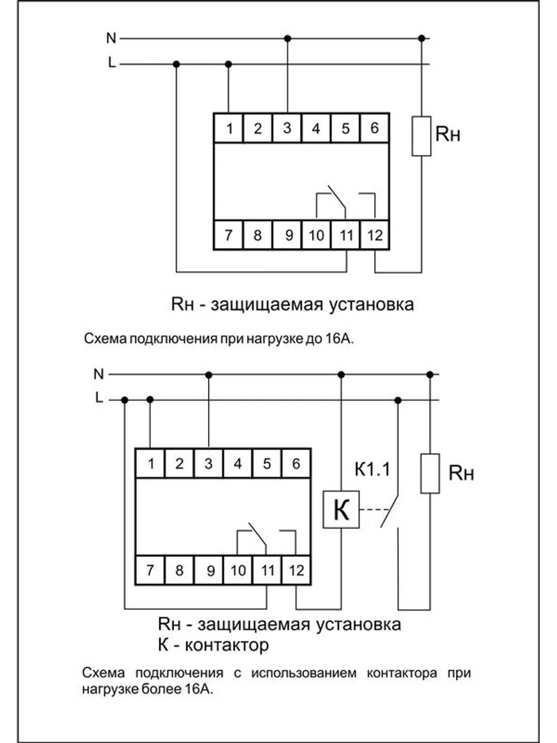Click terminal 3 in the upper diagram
coord(287,129)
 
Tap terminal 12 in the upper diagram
coord(374,235)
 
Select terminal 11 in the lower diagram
coord(267,570)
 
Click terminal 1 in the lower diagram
coord(150,463)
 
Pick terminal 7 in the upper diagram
coord(228,235)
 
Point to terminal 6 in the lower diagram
coord(296,463)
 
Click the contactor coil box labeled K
coord(341,510)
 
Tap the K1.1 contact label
coord(371,469)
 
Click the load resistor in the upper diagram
coord(422,135)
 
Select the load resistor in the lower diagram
coord(430,473)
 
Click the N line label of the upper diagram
coord(111,38)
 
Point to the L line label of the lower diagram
coord(98,399)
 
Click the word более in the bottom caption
coord(162,690)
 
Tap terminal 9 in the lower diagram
coord(209,570)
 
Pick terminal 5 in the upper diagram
coord(345,129)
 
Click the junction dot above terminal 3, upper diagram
coord(287,38)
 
